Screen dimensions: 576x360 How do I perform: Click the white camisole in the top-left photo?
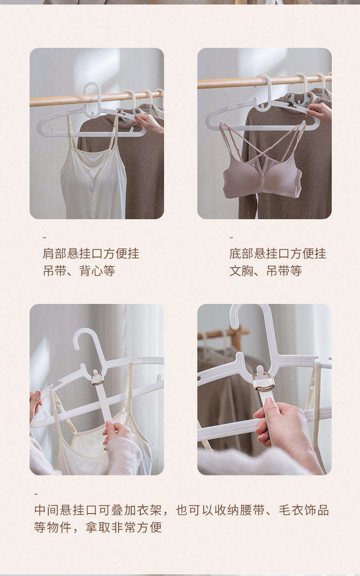pyautogui.click(x=93, y=182)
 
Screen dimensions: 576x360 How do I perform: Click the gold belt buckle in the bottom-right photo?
pyautogui.click(x=264, y=384)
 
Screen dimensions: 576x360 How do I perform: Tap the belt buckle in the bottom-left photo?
pyautogui.click(x=98, y=379)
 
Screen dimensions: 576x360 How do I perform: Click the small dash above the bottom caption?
pyautogui.click(x=36, y=494)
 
